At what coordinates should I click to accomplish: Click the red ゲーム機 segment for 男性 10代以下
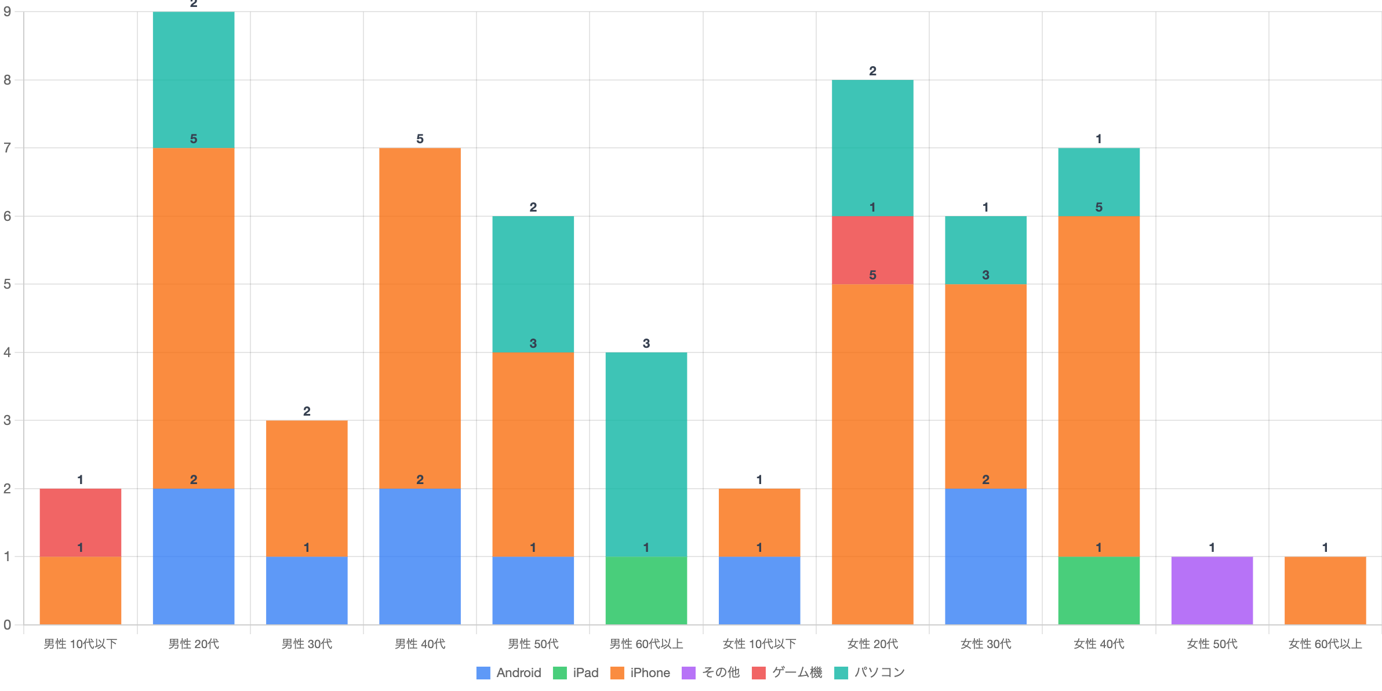coord(81,522)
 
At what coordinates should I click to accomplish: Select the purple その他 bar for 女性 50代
coord(1212,590)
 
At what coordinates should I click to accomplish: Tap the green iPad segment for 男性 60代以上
coord(646,590)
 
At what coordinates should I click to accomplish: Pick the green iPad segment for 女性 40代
coord(1099,590)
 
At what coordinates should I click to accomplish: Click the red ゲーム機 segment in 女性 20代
coord(872,250)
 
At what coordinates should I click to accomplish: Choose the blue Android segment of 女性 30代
coord(985,557)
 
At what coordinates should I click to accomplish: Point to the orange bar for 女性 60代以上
coord(1325,590)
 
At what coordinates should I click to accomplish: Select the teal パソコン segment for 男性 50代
coord(533,284)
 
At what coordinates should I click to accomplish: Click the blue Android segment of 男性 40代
coord(420,557)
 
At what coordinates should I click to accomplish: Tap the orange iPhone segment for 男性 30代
coord(307,488)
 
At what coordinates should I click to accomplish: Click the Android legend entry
coord(508,672)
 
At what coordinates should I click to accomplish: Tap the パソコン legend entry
coord(870,672)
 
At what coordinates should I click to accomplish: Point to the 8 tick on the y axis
coord(8,80)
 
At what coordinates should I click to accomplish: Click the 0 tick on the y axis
coord(8,624)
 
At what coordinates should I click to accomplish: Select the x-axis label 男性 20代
coord(194,644)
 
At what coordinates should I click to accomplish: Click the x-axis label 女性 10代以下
coord(759,644)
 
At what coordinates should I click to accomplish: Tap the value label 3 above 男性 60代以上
coord(646,343)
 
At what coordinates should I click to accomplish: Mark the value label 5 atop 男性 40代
coord(420,139)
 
